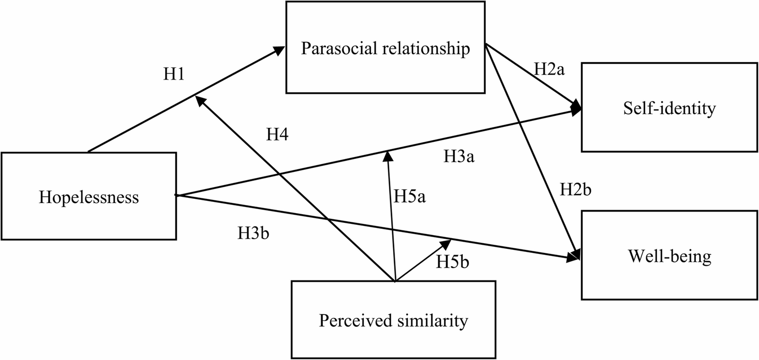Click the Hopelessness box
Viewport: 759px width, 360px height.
pyautogui.click(x=89, y=196)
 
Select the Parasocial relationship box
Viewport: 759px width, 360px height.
pyautogui.click(x=385, y=48)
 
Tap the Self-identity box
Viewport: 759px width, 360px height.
pyautogui.click(x=669, y=108)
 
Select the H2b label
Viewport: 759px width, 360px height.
pyautogui.click(x=575, y=190)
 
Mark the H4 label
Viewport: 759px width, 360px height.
pyautogui.click(x=278, y=135)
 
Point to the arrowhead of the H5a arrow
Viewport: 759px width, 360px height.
pyautogui.click(x=388, y=156)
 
